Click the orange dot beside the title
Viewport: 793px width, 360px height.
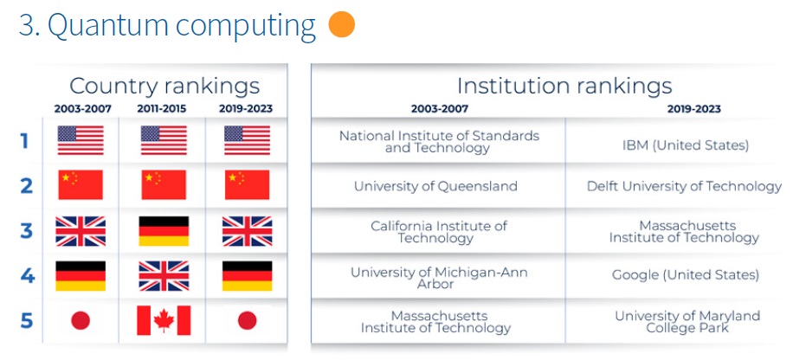tap(341, 24)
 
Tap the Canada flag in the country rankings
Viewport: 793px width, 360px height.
tap(164, 320)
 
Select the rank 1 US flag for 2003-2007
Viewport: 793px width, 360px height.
tap(81, 140)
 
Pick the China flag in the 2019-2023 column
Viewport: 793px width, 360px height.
tap(247, 184)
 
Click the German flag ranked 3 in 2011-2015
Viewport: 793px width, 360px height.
tap(164, 231)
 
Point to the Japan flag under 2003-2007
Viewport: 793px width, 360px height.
tap(81, 320)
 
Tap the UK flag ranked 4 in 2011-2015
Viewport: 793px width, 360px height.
tap(164, 275)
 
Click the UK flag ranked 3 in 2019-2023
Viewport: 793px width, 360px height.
tap(247, 231)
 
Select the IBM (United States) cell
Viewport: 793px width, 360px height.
tap(686, 145)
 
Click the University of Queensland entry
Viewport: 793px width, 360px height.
tap(435, 186)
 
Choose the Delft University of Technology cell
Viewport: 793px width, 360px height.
tap(684, 187)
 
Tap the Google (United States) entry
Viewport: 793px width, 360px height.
tap(686, 275)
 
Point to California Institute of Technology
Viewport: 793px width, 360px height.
tap(438, 232)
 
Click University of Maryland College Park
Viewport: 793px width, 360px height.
tap(687, 322)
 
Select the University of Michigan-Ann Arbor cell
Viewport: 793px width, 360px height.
tap(438, 278)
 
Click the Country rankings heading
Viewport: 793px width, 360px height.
tap(164, 86)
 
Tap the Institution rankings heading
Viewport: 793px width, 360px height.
tap(564, 86)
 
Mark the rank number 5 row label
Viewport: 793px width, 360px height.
tap(27, 320)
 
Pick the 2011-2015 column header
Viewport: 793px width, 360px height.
tap(162, 109)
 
